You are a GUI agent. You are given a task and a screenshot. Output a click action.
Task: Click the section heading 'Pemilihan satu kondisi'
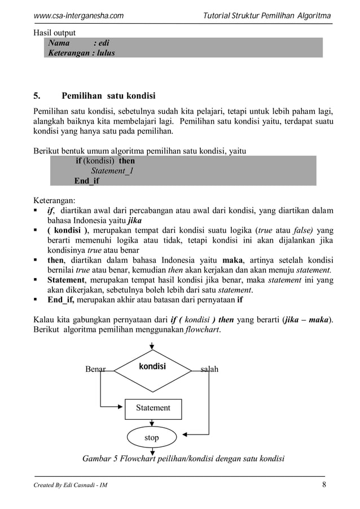(x=108, y=95)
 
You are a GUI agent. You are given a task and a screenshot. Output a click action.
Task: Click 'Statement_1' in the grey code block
(x=112, y=171)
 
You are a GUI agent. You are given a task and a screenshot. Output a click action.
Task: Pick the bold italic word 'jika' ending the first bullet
(x=135, y=221)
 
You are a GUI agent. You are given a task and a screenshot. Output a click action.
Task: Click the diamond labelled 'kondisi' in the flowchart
(x=152, y=367)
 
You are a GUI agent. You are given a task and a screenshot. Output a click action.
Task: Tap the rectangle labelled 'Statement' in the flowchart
(x=152, y=407)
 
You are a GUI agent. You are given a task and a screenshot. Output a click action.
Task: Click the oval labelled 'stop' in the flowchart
(x=152, y=437)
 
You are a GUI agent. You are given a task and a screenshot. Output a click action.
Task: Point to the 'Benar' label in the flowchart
(x=95, y=370)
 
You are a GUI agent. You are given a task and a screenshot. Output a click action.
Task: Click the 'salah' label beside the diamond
(x=209, y=370)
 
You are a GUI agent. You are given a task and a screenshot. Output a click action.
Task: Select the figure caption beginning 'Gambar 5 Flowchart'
(x=183, y=458)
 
